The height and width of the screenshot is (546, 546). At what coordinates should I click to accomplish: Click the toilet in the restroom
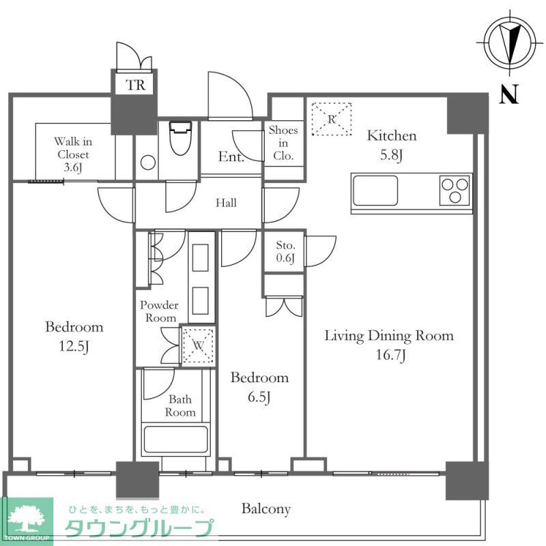(x=179, y=138)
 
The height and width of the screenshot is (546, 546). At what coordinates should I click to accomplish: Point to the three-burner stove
(x=455, y=190)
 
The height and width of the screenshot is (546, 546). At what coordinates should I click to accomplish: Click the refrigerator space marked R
(x=331, y=119)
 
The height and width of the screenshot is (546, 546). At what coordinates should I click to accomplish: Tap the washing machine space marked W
(x=198, y=345)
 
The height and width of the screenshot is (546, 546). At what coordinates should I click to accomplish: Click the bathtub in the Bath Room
(x=175, y=440)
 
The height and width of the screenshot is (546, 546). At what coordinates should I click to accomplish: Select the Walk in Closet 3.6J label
(x=73, y=154)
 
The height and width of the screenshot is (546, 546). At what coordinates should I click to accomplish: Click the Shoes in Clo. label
(x=283, y=143)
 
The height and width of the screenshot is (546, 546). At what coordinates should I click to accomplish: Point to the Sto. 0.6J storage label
(x=285, y=252)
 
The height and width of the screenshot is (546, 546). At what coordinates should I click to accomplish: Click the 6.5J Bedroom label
(x=259, y=387)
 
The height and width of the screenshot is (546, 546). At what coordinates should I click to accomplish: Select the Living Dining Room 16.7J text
(x=388, y=345)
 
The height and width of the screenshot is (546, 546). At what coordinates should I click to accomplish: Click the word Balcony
(x=266, y=508)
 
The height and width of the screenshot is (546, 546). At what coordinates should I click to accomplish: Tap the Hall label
(x=226, y=203)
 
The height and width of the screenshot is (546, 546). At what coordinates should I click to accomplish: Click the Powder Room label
(x=159, y=311)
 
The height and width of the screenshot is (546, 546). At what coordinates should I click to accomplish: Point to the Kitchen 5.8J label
(x=392, y=145)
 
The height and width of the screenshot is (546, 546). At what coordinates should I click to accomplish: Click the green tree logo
(x=27, y=518)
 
